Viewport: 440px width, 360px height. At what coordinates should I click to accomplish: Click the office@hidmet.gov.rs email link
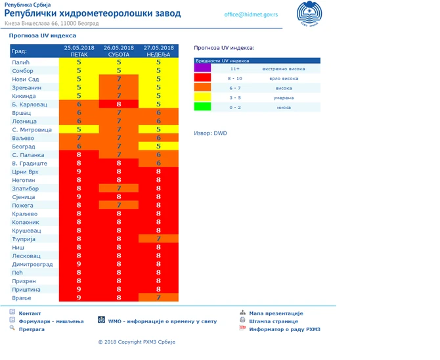[x=250, y=14]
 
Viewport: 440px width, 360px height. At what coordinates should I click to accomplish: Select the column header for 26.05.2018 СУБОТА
[x=119, y=51]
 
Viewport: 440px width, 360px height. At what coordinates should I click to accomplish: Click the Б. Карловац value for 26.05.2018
[x=119, y=104]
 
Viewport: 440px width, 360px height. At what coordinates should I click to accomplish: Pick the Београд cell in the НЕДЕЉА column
[x=159, y=146]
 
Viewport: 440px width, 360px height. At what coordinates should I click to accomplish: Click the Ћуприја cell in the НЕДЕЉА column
[x=159, y=238]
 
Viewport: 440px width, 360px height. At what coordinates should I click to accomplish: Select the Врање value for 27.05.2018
[x=159, y=298]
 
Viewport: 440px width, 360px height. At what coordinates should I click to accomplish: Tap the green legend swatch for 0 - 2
[x=202, y=106]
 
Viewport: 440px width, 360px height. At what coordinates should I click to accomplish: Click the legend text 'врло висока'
[x=274, y=78]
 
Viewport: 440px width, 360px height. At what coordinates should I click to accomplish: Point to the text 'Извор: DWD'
[x=210, y=133]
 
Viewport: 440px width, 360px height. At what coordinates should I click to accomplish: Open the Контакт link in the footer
[x=30, y=313]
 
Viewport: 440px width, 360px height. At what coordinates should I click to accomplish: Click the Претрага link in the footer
[x=32, y=329]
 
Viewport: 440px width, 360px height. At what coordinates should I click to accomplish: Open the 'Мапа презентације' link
[x=276, y=313]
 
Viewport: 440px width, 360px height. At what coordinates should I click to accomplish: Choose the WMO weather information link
[x=162, y=321]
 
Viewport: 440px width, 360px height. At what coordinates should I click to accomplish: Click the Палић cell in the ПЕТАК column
[x=79, y=62]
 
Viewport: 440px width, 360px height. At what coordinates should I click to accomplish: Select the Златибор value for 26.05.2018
[x=119, y=188]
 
